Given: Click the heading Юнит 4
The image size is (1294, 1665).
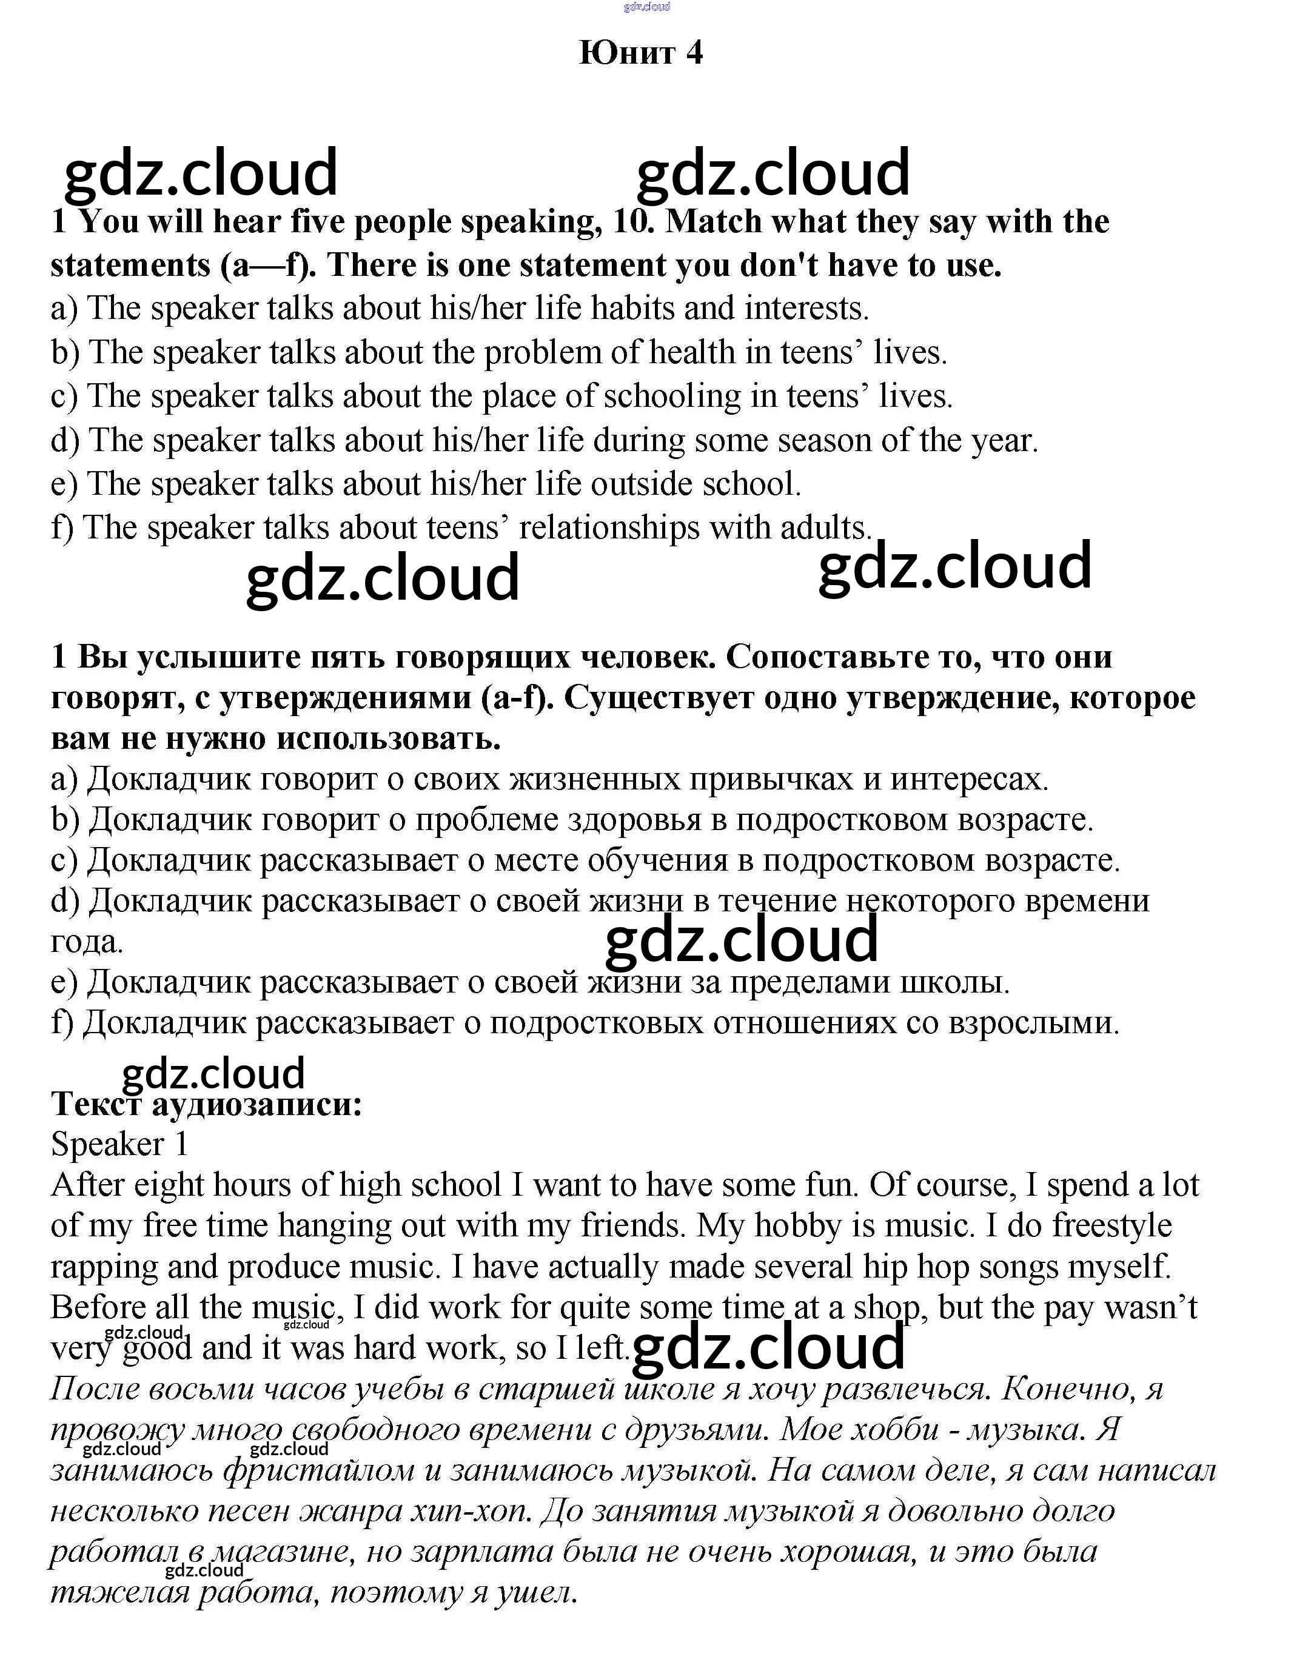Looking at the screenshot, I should click(640, 53).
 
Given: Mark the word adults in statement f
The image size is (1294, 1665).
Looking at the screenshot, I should click(825, 528).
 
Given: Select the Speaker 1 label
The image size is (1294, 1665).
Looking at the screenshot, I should click(119, 1144).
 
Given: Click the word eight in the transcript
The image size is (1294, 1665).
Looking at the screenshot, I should click(169, 1185).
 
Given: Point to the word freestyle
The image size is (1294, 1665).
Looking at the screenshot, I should click(1111, 1226).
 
